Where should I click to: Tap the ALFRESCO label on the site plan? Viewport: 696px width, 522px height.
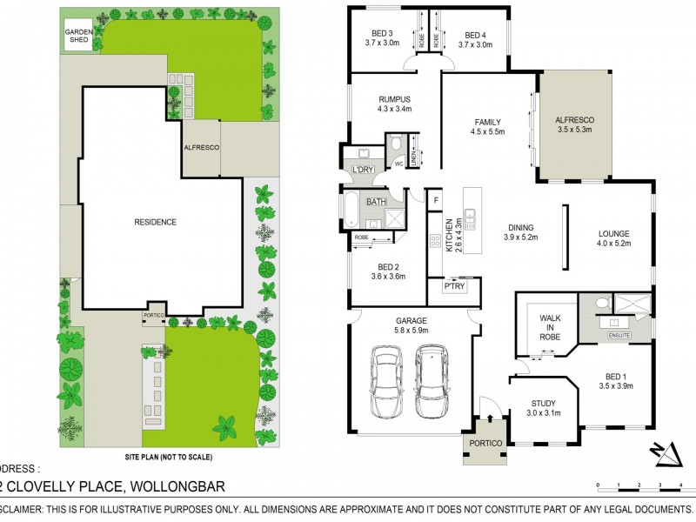coord(201,148)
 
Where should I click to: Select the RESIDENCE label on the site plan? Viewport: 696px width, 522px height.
coord(155,222)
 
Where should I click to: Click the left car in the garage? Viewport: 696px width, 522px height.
coord(386,380)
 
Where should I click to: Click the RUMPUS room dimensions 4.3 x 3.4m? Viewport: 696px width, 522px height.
coord(393,110)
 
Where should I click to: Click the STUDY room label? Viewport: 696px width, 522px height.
coord(544,402)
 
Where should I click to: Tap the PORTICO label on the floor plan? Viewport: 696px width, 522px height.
coord(484,444)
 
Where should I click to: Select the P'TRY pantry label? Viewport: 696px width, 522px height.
coord(453,286)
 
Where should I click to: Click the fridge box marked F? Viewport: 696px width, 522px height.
coord(435,200)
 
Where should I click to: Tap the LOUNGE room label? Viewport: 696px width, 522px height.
coord(612,232)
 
